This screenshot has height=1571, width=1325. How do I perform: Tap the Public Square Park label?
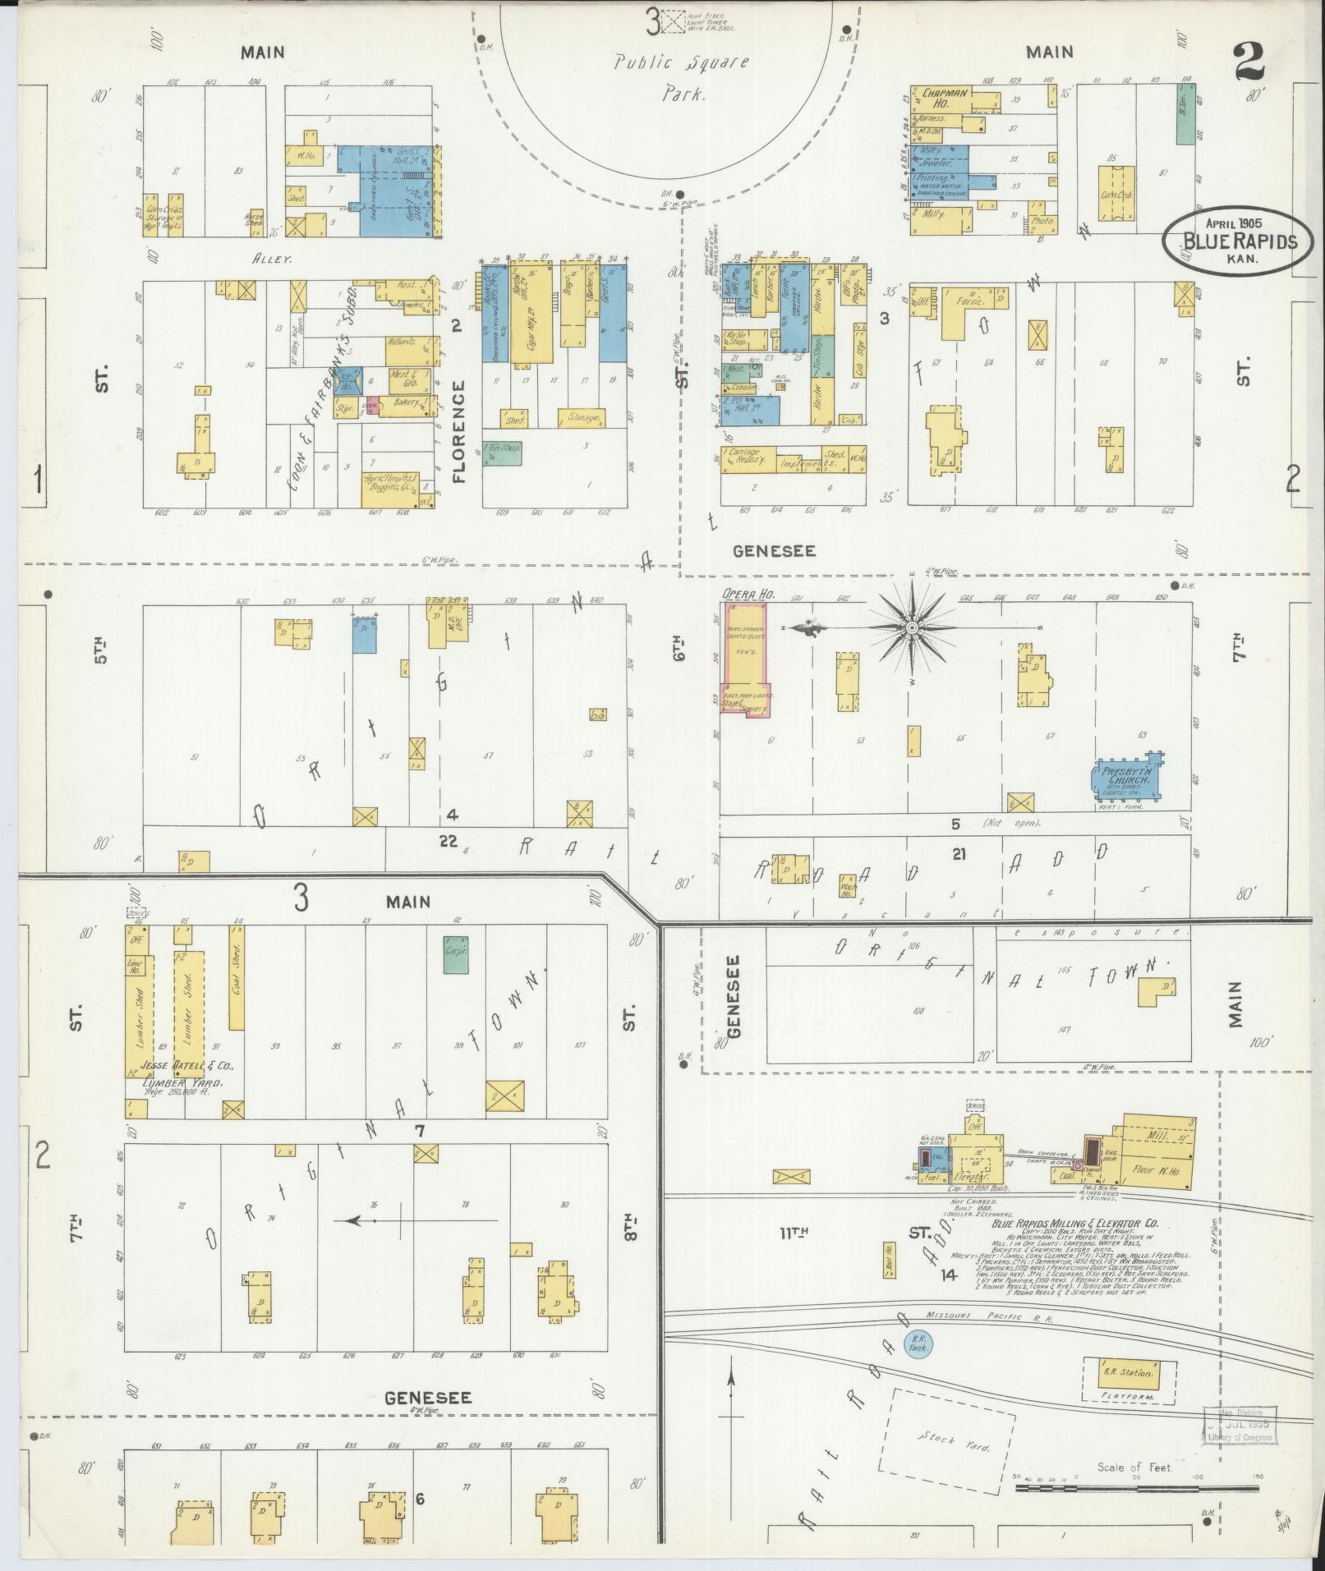coord(682,77)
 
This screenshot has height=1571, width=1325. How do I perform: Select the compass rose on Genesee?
coord(912,627)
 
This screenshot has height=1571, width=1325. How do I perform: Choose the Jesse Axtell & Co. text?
coord(187,1066)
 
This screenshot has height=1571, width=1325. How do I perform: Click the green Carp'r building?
coord(456,955)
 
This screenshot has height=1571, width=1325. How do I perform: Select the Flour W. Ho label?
coord(1156,1171)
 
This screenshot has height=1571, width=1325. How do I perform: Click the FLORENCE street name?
coord(458,430)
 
